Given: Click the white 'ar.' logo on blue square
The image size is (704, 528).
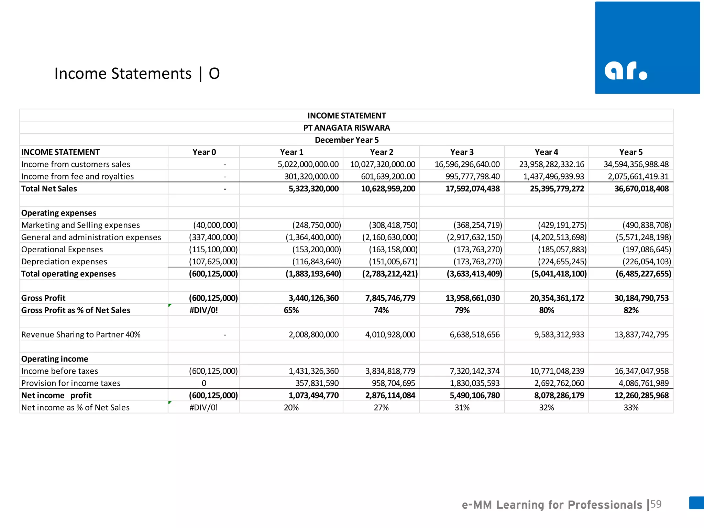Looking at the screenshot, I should tap(626, 71).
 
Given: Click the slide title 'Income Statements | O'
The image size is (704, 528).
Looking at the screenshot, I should tap(137, 74).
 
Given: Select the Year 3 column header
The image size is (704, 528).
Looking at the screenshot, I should tap(462, 152).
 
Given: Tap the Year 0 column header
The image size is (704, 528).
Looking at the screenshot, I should tap(204, 152).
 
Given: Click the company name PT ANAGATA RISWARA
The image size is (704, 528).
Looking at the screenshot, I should tap(346, 128).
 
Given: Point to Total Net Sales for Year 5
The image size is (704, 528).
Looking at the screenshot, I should tap(641, 189).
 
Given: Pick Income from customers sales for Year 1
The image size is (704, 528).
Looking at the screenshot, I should tap(308, 164).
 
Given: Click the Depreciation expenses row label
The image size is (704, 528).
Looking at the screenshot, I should tap(64, 262).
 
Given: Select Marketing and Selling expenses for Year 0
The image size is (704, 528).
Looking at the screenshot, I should tap(215, 225).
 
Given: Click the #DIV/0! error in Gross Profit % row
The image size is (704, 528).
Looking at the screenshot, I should tap(203, 310).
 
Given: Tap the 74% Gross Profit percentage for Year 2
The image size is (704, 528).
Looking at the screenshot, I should tap(381, 310).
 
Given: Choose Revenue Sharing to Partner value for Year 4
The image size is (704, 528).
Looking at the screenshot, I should tap(559, 334).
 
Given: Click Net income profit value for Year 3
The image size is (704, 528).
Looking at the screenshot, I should tap(475, 395).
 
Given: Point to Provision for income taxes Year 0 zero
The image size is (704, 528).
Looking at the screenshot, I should tap(204, 383).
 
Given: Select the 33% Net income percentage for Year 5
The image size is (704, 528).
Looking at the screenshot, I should tap(631, 408).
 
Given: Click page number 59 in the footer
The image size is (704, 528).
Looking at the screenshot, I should tap(656, 504).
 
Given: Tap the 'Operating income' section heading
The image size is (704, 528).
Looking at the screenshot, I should tap(55, 359).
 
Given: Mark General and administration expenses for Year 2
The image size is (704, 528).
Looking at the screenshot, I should tap(390, 237).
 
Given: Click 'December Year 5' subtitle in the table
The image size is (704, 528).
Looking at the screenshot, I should tap(346, 140).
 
